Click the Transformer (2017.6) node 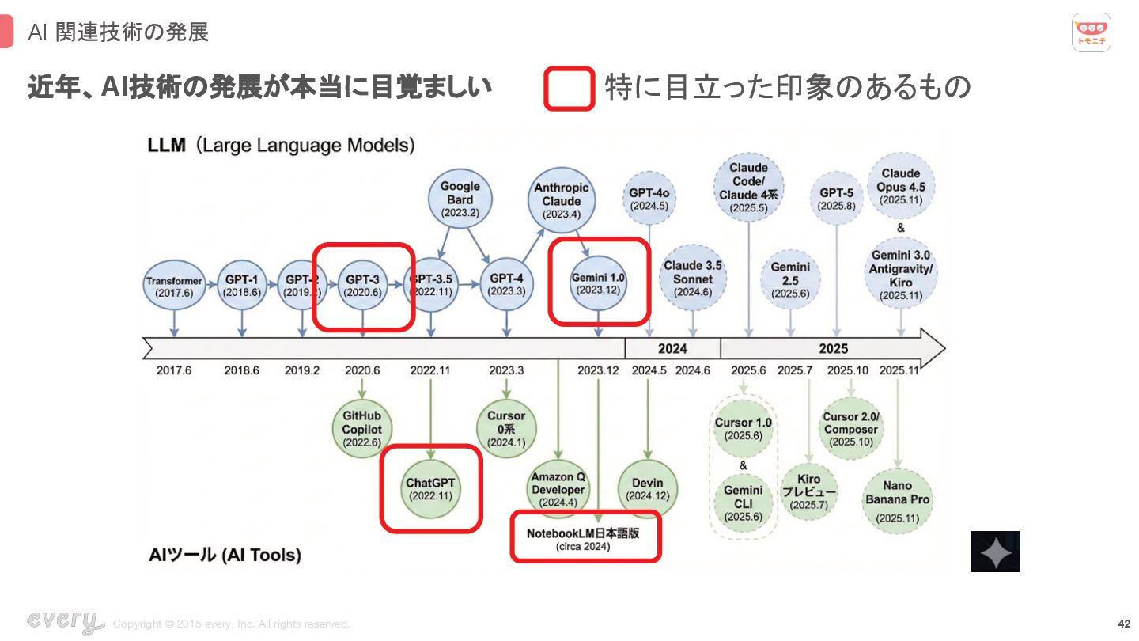tap(174, 286)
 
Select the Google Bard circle tap(460, 199)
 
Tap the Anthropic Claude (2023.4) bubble tap(562, 200)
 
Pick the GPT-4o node tap(649, 199)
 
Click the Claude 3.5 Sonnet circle tap(693, 278)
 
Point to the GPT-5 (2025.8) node tap(836, 199)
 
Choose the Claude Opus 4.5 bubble tap(900, 187)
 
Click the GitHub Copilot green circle tap(361, 429)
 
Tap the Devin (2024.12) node tap(648, 488)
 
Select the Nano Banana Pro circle tap(898, 499)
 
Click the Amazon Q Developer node tap(558, 489)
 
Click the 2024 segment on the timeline tap(672, 348)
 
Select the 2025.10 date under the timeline tap(848, 370)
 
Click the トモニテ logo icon tap(1092, 32)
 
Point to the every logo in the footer tap(65, 621)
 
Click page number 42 tap(1124, 623)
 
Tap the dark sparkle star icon tap(995, 552)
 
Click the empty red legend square tap(569, 88)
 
